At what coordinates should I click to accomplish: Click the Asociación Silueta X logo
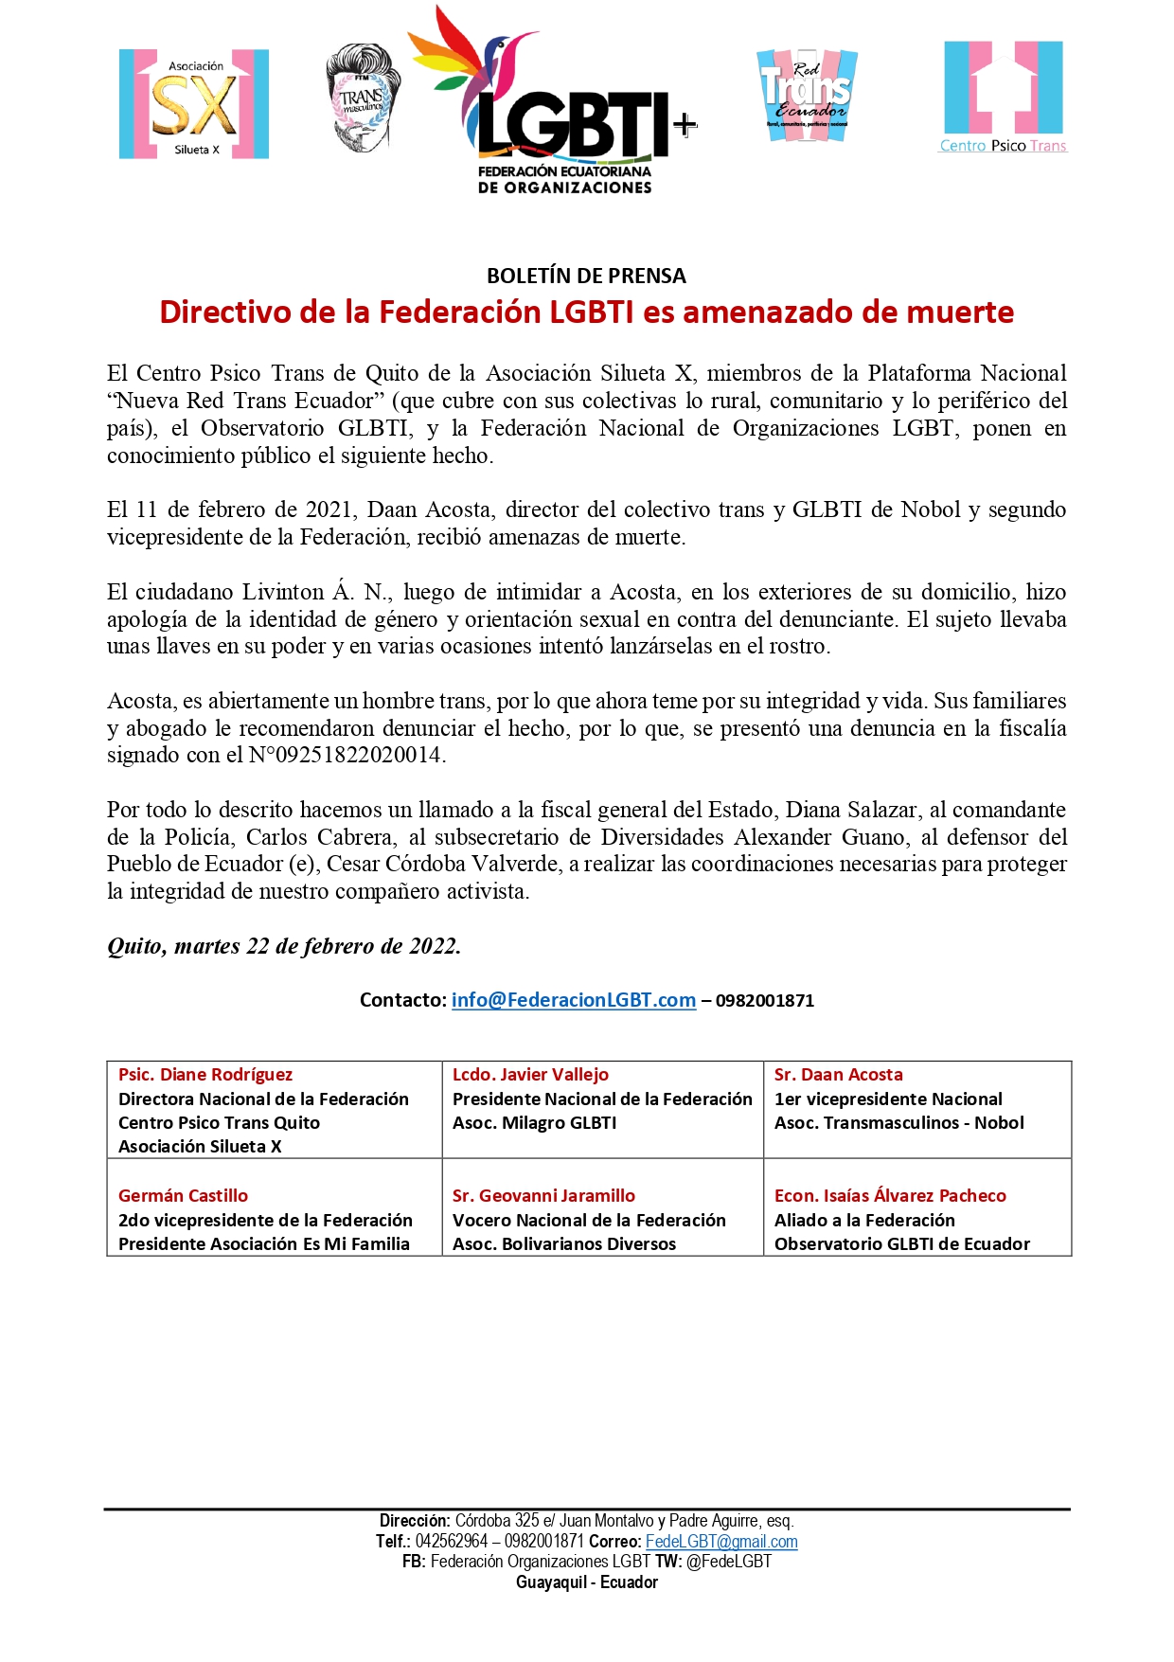pyautogui.click(x=194, y=104)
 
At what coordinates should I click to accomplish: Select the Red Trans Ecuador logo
pyautogui.click(x=807, y=96)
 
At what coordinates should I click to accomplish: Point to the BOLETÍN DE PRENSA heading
pyautogui.click(x=586, y=276)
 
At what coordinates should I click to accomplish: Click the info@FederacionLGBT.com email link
pyautogui.click(x=574, y=1000)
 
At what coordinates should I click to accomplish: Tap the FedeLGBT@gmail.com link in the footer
pyautogui.click(x=721, y=1542)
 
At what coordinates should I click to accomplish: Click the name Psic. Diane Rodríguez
pyautogui.click(x=205, y=1075)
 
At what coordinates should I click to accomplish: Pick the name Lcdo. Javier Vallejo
pyautogui.click(x=530, y=1075)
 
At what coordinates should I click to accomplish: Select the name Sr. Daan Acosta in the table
pyautogui.click(x=838, y=1075)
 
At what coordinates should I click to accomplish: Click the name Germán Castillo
pyautogui.click(x=183, y=1196)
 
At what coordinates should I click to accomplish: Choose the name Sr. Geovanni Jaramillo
pyautogui.click(x=543, y=1196)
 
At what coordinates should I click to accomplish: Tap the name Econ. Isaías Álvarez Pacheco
pyautogui.click(x=890, y=1196)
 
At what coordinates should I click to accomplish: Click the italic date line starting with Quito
pyautogui.click(x=284, y=946)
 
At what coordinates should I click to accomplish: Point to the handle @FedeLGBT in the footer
pyautogui.click(x=729, y=1562)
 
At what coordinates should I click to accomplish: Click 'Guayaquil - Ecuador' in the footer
pyautogui.click(x=587, y=1582)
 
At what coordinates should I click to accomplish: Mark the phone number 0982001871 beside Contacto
pyautogui.click(x=765, y=1001)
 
